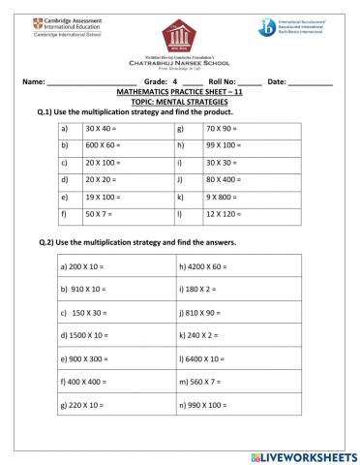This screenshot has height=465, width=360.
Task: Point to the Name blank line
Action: (87, 82)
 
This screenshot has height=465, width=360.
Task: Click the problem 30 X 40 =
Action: (101, 128)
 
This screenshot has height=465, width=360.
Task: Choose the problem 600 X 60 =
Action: (103, 145)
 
